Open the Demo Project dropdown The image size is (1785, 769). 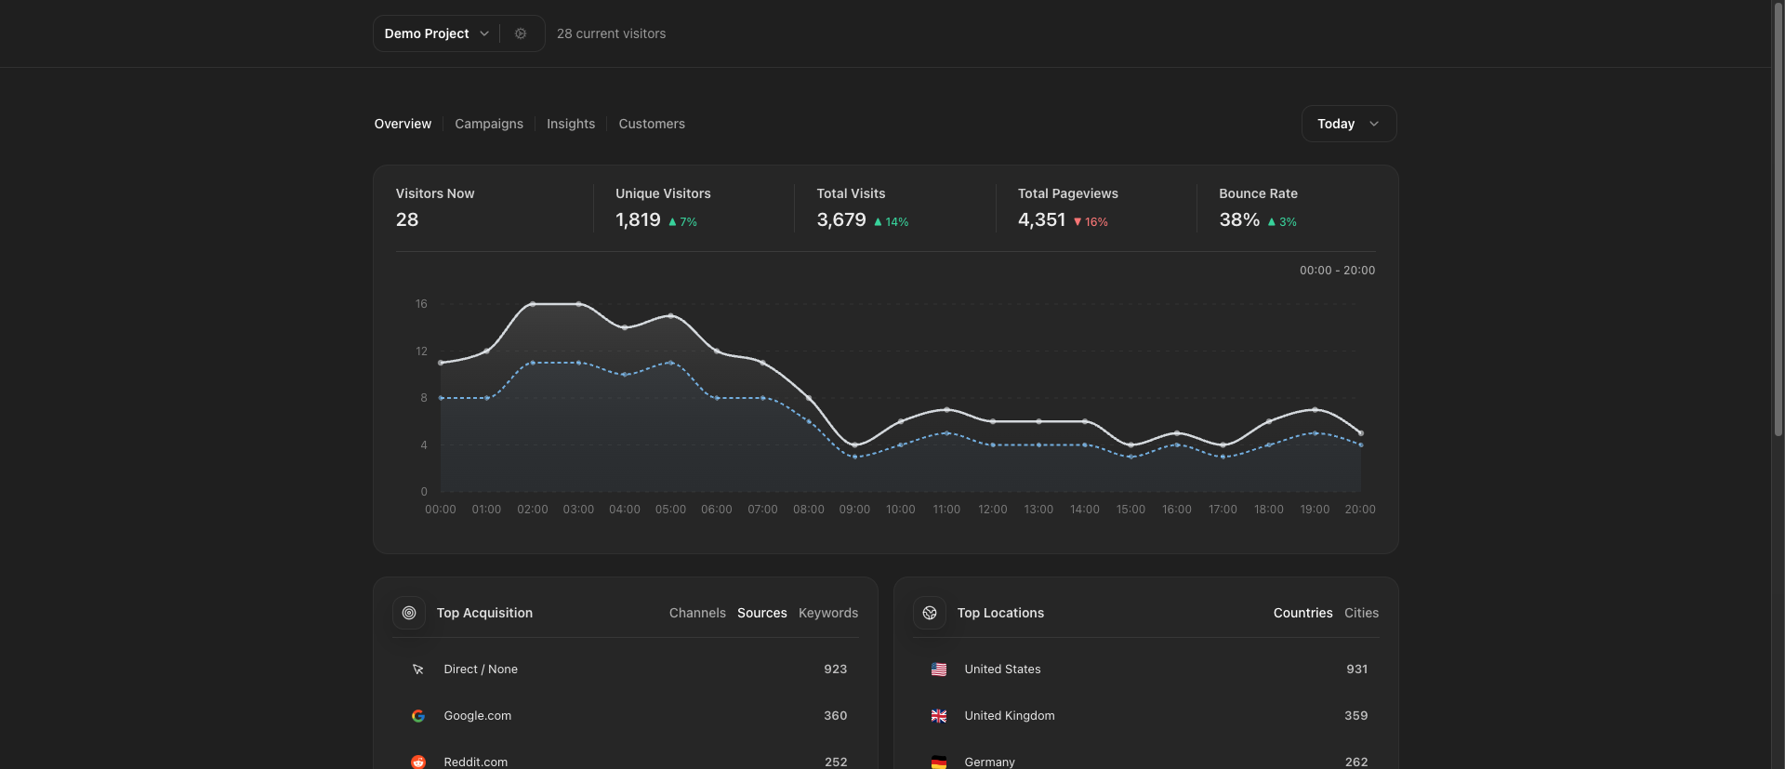[x=436, y=33]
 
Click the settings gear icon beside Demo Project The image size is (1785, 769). [x=521, y=33]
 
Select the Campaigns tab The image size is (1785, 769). [x=489, y=124]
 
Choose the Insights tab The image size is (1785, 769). [x=571, y=124]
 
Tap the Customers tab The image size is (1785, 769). [x=652, y=124]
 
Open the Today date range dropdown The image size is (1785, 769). [x=1348, y=124]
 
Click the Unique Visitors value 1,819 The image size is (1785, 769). [x=638, y=220]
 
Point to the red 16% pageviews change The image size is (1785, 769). [x=1091, y=222]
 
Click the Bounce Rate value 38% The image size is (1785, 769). [x=1239, y=220]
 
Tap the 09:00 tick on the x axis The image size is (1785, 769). [x=854, y=510]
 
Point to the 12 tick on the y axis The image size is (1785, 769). [x=421, y=351]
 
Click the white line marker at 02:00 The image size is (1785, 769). [x=533, y=304]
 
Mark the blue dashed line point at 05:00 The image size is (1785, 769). [x=670, y=363]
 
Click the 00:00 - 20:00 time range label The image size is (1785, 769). [x=1337, y=271]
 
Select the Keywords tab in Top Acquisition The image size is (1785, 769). [x=828, y=613]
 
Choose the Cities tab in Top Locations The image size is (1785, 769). [x=1361, y=613]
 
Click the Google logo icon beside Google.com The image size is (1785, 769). [x=418, y=716]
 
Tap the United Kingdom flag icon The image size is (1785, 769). [x=939, y=716]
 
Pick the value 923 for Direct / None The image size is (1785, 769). [x=835, y=670]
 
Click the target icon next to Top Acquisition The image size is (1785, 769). [x=409, y=613]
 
